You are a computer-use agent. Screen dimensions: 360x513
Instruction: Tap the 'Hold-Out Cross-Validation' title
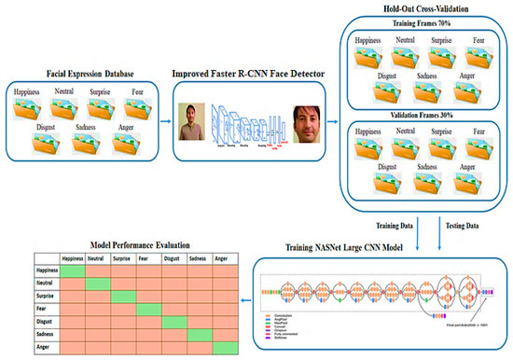(x=423, y=8)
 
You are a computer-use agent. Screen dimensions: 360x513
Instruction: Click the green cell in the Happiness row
(x=73, y=270)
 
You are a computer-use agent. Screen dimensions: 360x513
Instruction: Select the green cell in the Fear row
(x=148, y=309)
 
